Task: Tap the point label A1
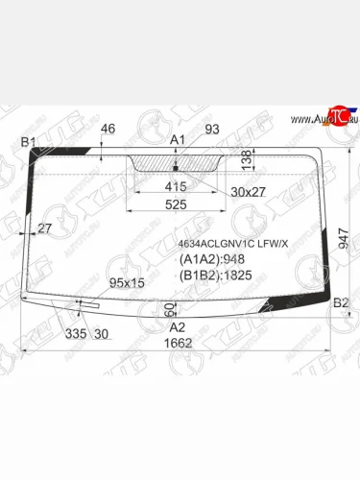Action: click(x=177, y=141)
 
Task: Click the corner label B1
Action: click(x=29, y=143)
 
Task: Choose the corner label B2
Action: click(x=339, y=303)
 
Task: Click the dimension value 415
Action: click(x=177, y=187)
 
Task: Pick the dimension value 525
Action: click(x=177, y=204)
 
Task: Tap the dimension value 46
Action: click(x=108, y=129)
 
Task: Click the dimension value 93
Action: click(x=212, y=129)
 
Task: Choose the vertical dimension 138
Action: click(x=246, y=157)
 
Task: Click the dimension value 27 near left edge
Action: click(x=44, y=228)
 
